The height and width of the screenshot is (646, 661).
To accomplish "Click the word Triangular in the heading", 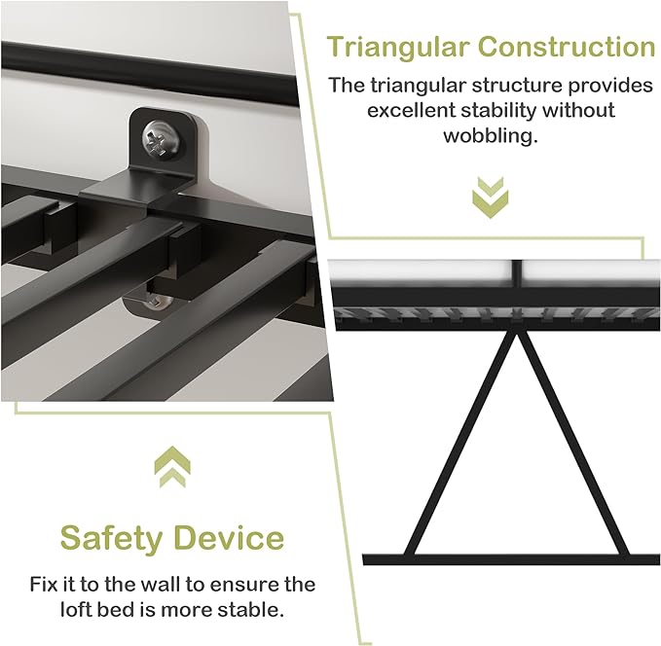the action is pos(398,48).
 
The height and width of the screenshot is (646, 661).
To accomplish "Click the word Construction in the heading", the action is pos(567,47).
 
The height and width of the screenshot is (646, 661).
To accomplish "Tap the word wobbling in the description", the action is pos(491,136).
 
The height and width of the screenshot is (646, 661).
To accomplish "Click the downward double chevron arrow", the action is pos(490,197).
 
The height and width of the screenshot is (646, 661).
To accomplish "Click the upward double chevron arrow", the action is pos(172,466).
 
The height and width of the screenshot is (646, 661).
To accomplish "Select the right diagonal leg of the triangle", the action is pos(572,444).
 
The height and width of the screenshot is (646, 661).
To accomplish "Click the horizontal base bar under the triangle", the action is pos(511,559).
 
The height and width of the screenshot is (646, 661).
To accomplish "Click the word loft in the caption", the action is pos(76,610).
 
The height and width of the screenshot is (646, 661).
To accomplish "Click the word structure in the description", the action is pos(517,86).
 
